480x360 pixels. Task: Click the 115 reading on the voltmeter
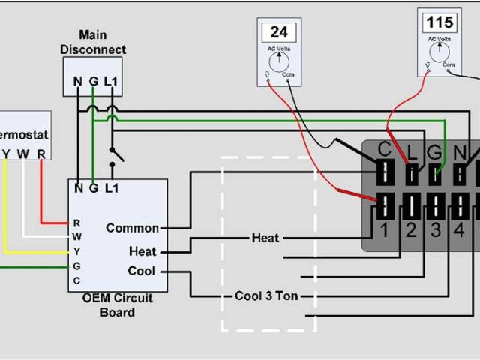coord(439,21)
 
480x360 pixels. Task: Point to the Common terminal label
coord(133,228)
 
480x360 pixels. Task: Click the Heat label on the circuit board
coord(142,251)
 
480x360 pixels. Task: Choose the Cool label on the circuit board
coord(142,271)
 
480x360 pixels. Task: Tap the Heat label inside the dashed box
coord(265,238)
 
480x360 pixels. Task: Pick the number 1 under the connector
coord(383,231)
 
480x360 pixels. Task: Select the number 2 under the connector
coord(410,231)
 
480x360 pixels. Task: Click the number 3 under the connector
coord(436,231)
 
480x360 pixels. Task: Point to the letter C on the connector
coord(385,148)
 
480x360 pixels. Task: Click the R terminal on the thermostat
coord(41,154)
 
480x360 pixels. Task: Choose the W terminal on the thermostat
coord(23,154)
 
